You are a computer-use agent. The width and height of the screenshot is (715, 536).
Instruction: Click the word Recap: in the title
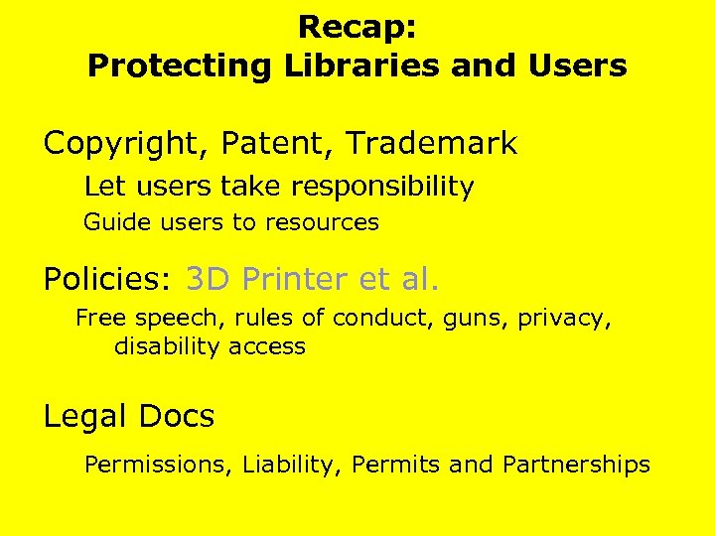(357, 27)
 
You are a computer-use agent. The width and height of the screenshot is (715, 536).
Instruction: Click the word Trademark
(431, 144)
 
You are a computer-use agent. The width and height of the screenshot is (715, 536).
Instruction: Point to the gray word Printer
(295, 280)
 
